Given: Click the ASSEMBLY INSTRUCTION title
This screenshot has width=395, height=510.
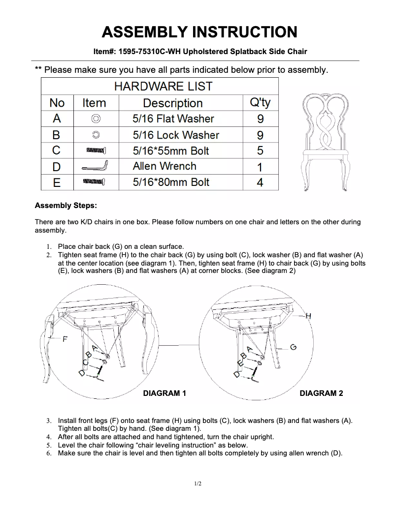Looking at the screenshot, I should [x=199, y=32].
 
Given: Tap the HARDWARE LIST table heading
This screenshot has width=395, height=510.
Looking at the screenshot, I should [x=163, y=87].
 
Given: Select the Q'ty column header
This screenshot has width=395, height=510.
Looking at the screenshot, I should [x=260, y=103].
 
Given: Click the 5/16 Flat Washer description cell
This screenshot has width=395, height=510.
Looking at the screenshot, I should [x=173, y=119].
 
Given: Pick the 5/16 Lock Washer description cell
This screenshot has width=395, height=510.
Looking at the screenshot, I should [x=176, y=135].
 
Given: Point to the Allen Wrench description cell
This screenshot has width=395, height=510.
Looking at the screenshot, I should [x=165, y=166].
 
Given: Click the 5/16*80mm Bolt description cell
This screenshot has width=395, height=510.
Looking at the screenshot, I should [x=171, y=182].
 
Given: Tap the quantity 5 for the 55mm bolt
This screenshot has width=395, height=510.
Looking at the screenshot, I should [x=260, y=150].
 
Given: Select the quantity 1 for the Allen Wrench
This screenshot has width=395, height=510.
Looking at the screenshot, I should [x=260, y=167].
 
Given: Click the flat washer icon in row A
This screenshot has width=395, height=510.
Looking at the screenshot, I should [x=96, y=119].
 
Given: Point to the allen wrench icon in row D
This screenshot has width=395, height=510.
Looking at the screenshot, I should [x=96, y=167].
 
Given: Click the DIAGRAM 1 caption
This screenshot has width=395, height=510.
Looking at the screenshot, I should [x=165, y=393].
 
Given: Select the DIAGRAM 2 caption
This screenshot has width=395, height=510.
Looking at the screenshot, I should [x=321, y=393].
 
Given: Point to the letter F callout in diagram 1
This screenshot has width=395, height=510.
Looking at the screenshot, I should [x=65, y=339].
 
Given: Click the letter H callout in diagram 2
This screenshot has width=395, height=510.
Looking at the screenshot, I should [x=308, y=316].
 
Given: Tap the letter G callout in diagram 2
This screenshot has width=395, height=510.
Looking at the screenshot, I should [x=293, y=347].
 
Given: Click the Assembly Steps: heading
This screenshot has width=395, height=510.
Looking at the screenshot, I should [x=66, y=205].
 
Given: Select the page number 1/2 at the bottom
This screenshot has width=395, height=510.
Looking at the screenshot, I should [x=197, y=484].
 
